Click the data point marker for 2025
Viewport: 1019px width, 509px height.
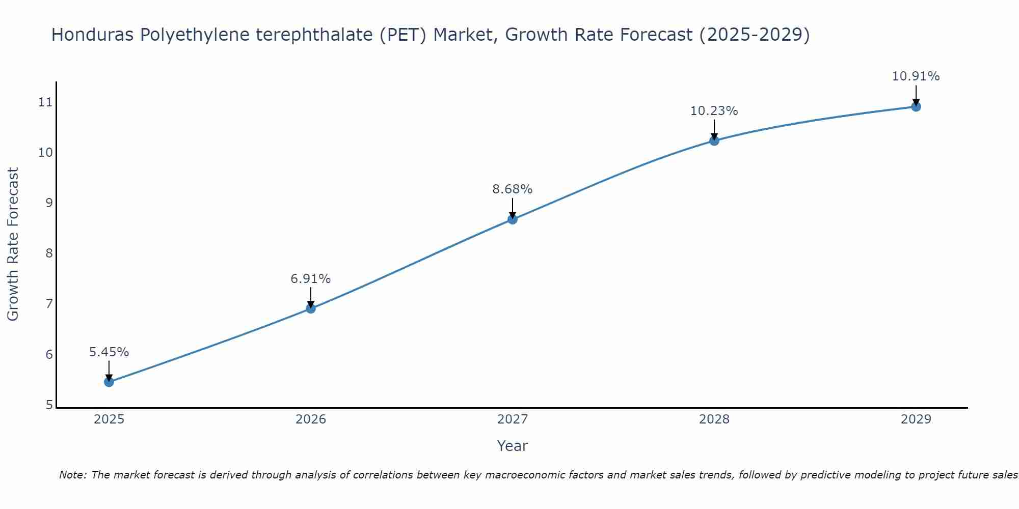109,382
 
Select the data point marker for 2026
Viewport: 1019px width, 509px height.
311,308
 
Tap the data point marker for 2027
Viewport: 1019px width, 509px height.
513,219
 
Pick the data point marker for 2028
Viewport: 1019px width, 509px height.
714,141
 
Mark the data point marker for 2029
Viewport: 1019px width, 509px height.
916,107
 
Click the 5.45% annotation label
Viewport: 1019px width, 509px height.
109,352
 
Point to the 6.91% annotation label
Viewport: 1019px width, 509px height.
311,278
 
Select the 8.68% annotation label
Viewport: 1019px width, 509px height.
513,189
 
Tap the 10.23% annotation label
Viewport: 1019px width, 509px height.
714,110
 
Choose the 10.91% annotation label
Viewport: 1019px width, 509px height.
916,76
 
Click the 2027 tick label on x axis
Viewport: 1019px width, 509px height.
513,419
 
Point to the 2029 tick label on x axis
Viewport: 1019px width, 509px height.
916,419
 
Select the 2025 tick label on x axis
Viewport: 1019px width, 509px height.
109,419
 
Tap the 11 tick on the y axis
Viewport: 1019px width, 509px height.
45,102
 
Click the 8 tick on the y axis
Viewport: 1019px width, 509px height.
49,253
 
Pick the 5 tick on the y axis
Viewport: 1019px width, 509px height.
49,405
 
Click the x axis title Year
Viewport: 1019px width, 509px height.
513,446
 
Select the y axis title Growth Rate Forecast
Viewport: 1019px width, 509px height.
13,244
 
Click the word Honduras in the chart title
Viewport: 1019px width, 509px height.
92,35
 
